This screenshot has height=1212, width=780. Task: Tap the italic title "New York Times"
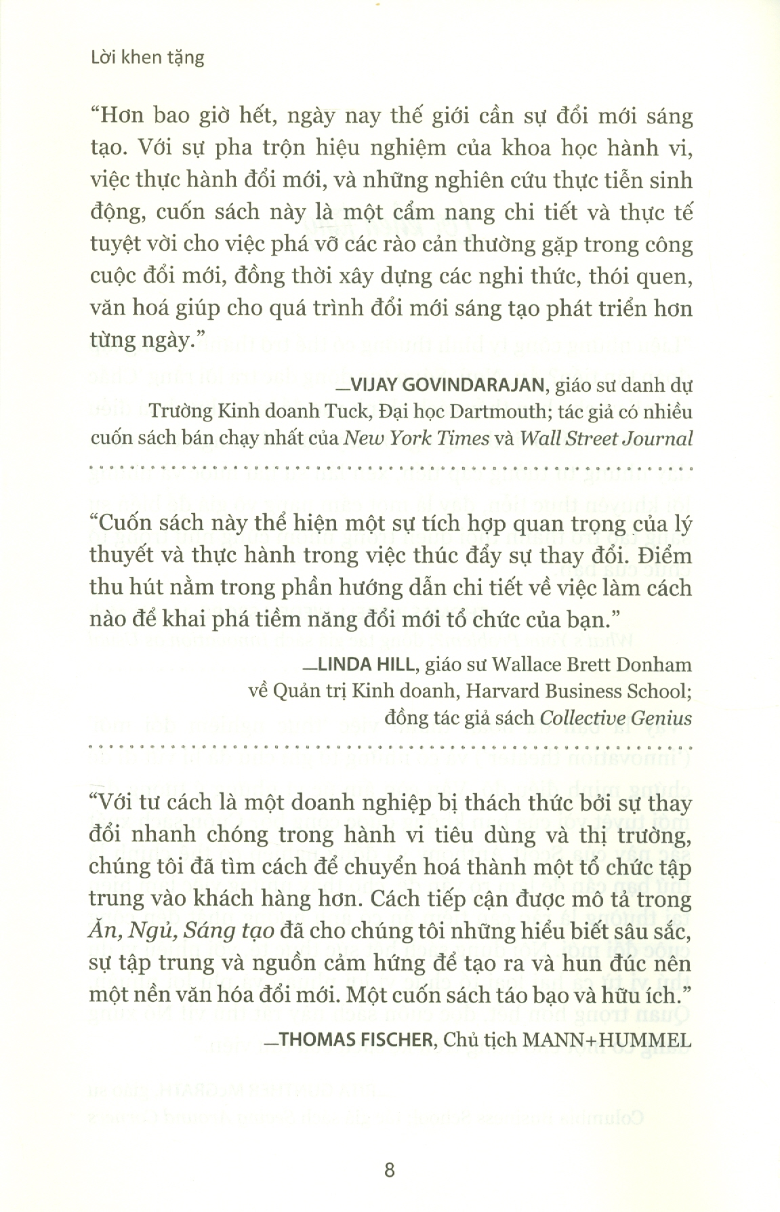416,438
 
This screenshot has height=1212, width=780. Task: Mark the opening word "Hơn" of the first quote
121,117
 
